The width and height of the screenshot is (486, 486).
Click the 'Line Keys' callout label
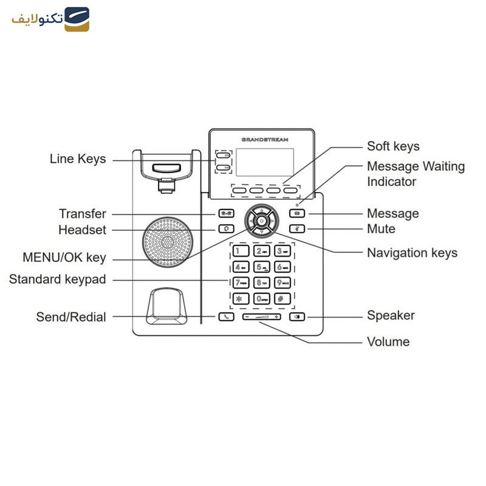77,159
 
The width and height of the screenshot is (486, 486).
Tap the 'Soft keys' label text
393,146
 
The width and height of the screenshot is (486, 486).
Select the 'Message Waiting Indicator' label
416,174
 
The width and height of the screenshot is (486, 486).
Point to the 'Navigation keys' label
412,253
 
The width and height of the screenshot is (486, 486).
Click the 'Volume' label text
388,342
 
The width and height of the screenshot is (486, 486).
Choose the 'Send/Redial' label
71,317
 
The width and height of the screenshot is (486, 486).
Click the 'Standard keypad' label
57,280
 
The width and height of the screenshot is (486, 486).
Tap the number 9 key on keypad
282,282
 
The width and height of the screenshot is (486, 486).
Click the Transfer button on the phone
226,214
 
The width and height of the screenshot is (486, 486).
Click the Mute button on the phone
297,229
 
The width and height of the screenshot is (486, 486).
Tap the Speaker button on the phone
297,317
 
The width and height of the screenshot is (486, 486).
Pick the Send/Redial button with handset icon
226,317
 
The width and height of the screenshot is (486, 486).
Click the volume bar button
262,317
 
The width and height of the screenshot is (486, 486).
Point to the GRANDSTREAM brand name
265,139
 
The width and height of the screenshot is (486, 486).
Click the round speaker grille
168,240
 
